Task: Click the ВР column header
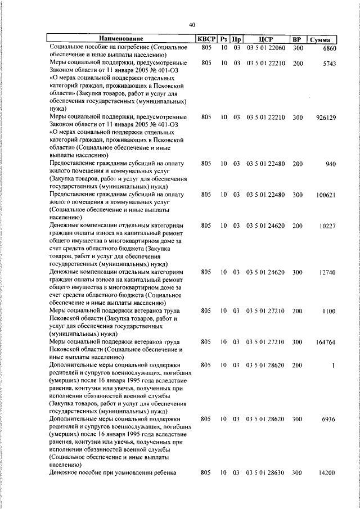pos(298,39)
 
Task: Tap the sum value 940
pos(330,164)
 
